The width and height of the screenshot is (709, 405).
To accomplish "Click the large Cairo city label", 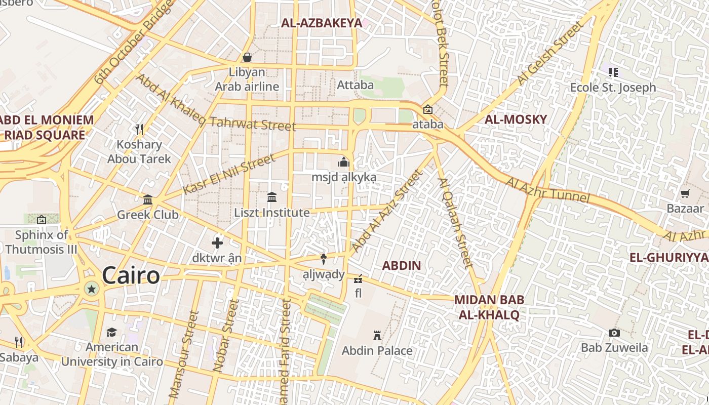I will tap(131, 276).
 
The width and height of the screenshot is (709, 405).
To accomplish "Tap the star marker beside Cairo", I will tap(92, 289).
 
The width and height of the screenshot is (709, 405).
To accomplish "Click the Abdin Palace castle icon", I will tap(377, 335).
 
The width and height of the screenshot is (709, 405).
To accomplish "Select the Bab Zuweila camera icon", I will tap(614, 333).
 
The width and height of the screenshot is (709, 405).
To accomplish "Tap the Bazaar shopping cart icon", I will tap(685, 193).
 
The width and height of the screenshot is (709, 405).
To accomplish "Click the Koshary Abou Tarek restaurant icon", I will tap(140, 130).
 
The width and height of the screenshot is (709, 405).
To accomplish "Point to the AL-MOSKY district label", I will tap(516, 119).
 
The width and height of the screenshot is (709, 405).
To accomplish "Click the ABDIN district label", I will tap(402, 265).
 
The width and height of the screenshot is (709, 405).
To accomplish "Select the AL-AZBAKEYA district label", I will tap(322, 23).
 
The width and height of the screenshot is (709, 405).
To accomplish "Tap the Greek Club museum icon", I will tap(148, 199).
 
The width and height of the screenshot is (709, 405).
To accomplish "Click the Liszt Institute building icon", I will tap(272, 197).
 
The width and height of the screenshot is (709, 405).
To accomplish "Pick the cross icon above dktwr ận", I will tap(217, 243).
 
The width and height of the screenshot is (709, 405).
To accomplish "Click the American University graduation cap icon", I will tap(111, 332).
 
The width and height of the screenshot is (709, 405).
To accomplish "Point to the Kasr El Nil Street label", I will tap(229, 174).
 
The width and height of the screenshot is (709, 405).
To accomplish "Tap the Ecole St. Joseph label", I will tap(613, 88).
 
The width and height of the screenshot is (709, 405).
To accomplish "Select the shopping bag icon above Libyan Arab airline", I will tap(247, 57).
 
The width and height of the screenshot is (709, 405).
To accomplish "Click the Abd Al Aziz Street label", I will tap(386, 211).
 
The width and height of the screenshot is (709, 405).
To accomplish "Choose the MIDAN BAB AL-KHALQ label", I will tap(489, 307).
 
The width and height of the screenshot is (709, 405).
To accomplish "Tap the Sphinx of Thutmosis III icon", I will tap(42, 220).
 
